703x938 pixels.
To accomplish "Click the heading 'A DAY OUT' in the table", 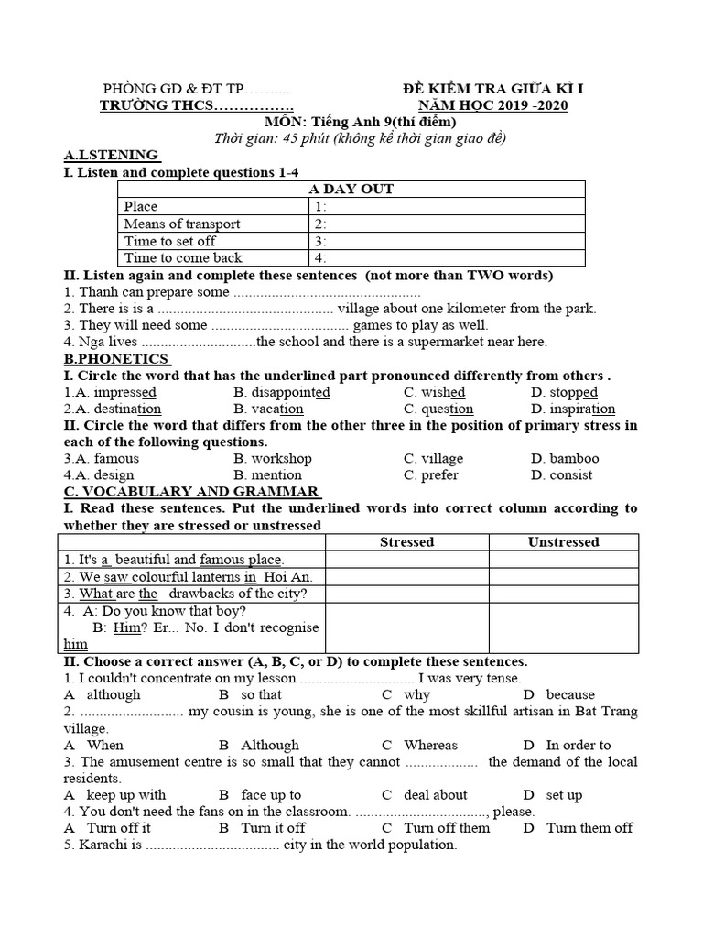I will [x=351, y=189].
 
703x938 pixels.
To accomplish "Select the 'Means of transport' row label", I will [x=182, y=224].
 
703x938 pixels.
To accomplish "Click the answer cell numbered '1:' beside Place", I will [x=320, y=207].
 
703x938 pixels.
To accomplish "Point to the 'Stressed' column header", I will [x=406, y=542].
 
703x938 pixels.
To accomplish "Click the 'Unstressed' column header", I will [x=563, y=542].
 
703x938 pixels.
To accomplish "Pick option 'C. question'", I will [x=438, y=409].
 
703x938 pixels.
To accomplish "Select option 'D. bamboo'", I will [x=565, y=458].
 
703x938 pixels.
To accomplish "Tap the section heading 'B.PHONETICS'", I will [x=115, y=359].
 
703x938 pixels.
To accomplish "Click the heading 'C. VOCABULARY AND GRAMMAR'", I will [x=190, y=492].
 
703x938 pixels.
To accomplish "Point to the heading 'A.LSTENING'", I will [x=111, y=155].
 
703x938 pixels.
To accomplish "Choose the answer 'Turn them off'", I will [x=589, y=828].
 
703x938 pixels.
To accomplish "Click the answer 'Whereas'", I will [x=430, y=746].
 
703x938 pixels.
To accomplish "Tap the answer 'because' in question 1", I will [x=570, y=695].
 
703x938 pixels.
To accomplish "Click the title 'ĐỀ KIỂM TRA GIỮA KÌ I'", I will [x=493, y=88].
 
